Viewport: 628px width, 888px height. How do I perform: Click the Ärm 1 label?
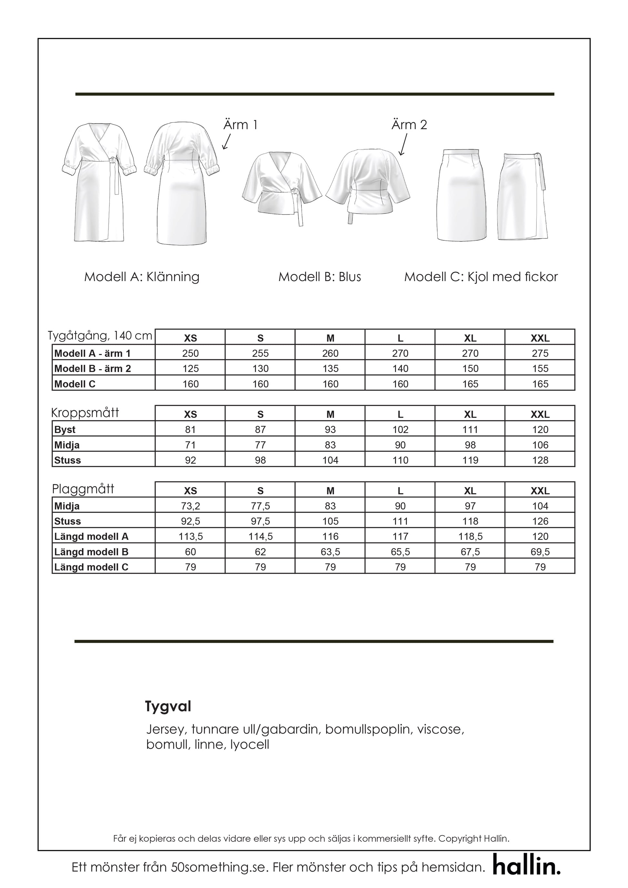(240, 125)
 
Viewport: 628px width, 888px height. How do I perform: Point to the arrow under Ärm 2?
(403, 145)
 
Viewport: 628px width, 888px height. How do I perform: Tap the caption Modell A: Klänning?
(142, 277)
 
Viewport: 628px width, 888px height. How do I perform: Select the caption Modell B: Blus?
(319, 277)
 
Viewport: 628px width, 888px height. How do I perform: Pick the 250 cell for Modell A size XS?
(190, 353)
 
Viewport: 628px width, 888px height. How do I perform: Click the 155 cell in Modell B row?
(540, 368)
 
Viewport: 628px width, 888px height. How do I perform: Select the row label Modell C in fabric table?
(75, 384)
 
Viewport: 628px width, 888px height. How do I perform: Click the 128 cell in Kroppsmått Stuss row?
(540, 460)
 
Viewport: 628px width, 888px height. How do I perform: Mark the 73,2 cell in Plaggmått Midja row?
(190, 506)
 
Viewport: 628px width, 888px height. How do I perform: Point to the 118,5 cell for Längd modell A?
(470, 536)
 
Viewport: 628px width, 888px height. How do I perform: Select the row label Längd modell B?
(91, 552)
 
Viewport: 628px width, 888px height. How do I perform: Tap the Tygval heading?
(168, 707)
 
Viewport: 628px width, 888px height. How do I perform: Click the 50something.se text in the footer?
(219, 867)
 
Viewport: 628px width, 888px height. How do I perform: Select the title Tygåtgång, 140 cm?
(100, 335)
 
